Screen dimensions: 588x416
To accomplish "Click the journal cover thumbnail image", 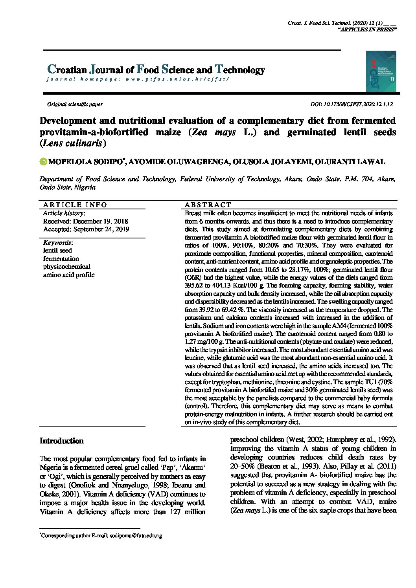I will (x=381, y=71).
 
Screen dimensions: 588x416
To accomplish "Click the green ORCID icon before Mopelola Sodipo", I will (x=43, y=162).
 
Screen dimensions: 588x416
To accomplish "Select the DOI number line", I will (x=352, y=104).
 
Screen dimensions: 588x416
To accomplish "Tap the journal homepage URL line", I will (x=137, y=79).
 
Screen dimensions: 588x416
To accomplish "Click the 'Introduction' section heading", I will (x=61, y=441).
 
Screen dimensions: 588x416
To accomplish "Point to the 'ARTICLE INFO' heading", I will (x=75, y=205).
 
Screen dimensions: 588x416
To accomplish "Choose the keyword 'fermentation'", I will (x=61, y=258).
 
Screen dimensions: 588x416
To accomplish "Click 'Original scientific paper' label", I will (x=75, y=104).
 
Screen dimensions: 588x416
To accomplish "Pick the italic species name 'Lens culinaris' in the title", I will (x=73, y=143).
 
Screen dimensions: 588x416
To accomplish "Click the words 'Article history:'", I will (x=64, y=213).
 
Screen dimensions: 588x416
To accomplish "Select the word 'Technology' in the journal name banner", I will (x=240, y=70).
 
